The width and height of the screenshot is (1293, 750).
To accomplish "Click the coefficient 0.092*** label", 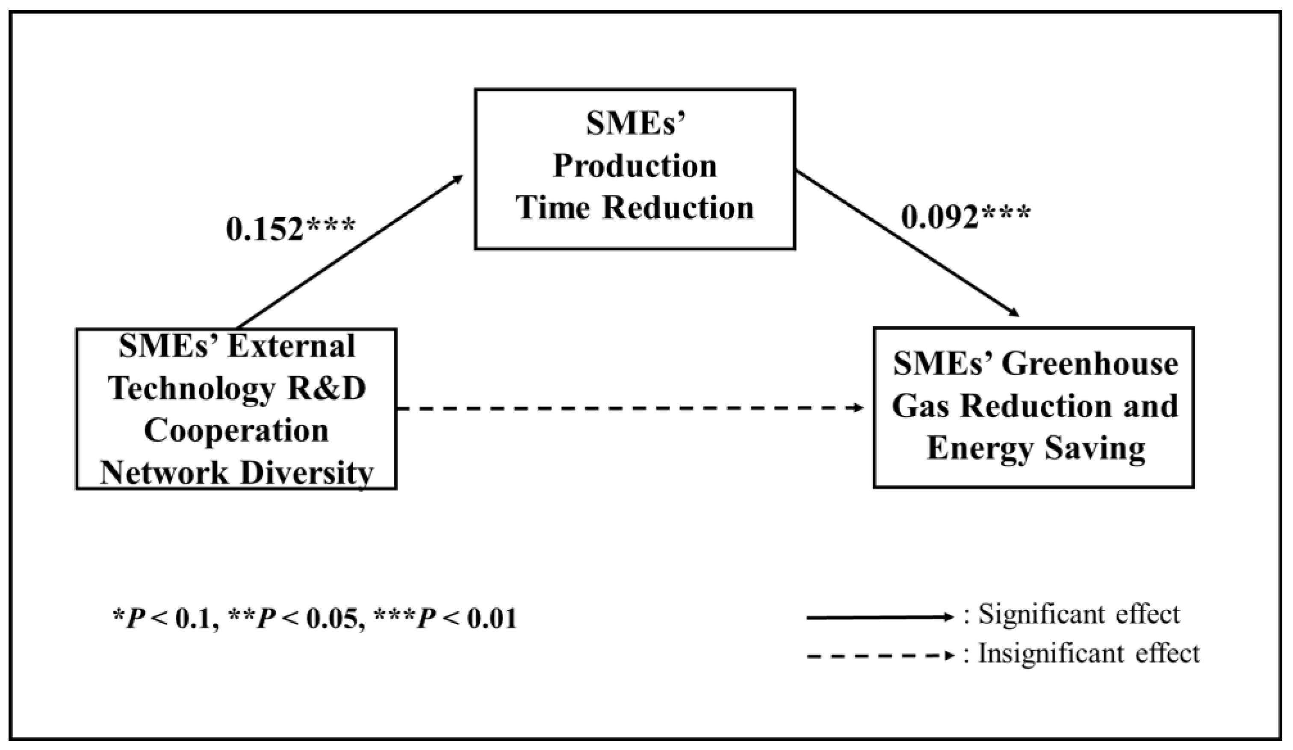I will pos(965,217).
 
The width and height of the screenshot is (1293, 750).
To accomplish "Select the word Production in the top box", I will pos(635,166).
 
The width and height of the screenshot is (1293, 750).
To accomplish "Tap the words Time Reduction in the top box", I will pos(635,208).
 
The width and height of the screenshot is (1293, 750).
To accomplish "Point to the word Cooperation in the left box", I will pos(236,431).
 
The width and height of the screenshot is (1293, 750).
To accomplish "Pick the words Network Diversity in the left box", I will pos(236,473).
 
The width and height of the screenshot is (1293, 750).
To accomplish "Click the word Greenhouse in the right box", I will pos(1090,364).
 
